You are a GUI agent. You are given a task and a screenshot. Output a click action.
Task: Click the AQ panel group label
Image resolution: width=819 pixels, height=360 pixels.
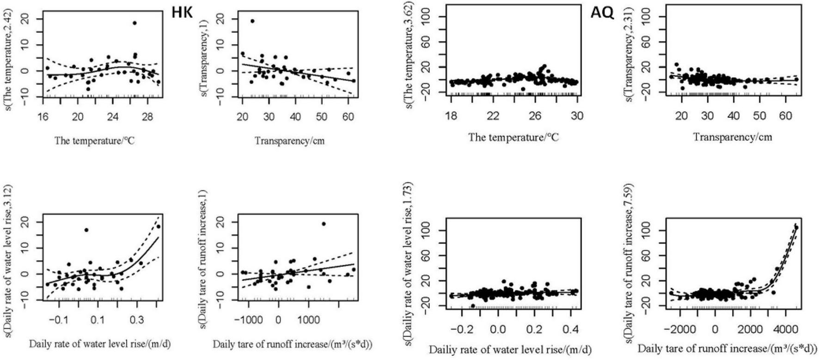tap(602, 13)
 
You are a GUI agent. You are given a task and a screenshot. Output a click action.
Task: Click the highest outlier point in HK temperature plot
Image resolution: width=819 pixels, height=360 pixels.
tap(134, 23)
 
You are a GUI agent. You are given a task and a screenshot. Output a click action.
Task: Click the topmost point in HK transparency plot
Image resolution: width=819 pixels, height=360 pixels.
tap(252, 21)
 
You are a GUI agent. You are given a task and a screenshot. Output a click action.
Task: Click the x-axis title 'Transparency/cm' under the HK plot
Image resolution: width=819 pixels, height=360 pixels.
tap(290, 141)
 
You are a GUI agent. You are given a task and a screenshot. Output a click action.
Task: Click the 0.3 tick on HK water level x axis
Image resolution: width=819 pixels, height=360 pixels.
tap(137, 318)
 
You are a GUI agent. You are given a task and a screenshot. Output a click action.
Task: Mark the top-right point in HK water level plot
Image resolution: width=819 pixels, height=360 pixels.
tap(158, 226)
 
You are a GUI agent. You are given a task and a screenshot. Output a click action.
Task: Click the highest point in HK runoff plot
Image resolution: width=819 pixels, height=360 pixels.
tap(324, 224)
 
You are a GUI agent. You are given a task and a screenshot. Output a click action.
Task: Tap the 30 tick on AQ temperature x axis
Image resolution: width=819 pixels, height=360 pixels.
tap(577, 116)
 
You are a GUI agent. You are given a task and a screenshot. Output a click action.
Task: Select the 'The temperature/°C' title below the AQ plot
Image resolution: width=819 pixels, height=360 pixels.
tap(513, 137)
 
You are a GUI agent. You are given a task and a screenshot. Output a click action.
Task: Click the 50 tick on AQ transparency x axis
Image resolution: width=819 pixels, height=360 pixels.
tap(759, 116)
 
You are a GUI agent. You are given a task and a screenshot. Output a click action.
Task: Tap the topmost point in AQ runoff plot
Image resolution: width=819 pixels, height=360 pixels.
tap(796, 228)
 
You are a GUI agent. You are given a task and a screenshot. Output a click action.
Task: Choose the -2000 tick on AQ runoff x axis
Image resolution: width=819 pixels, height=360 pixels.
tap(680, 330)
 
